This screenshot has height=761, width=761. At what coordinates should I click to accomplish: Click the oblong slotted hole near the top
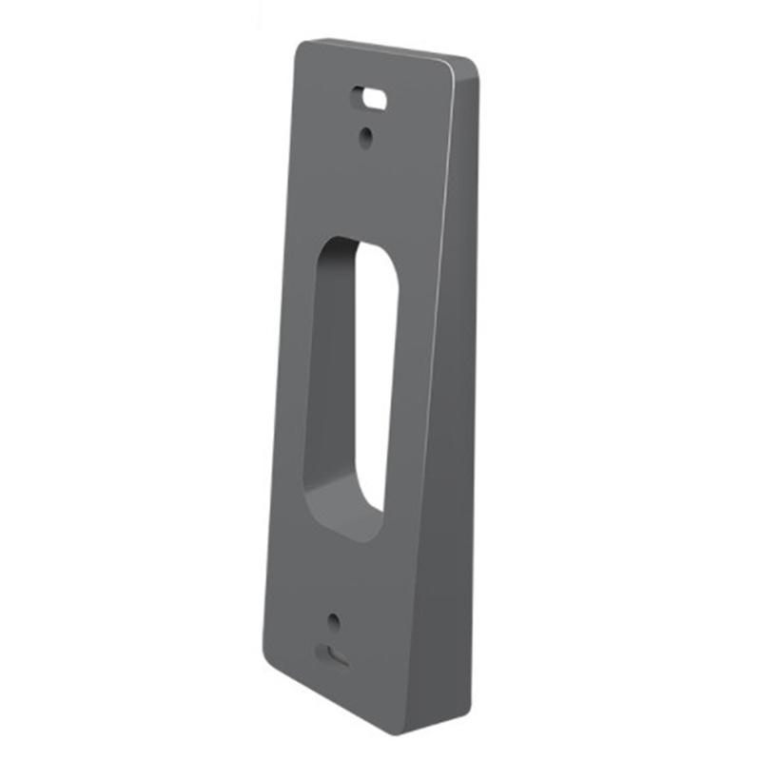(x=371, y=97)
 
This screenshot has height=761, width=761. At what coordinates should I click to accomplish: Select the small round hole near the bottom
(x=332, y=622)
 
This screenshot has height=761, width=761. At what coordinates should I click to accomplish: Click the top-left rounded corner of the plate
(x=302, y=48)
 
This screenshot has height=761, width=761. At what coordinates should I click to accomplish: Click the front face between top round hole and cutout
(x=366, y=190)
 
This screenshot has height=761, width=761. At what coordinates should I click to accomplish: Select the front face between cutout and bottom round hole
(x=333, y=580)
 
